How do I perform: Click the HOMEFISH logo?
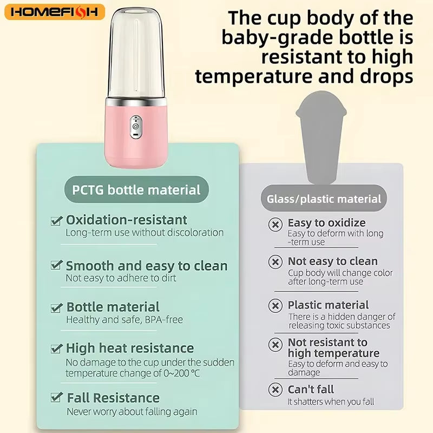[54, 12]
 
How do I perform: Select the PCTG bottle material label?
[136, 190]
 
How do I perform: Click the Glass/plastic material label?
[324, 199]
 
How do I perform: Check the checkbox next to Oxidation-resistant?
[56, 220]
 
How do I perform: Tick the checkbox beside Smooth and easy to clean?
[56, 266]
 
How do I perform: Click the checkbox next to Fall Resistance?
[56, 398]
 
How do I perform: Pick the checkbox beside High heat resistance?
[56, 348]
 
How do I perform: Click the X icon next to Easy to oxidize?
[275, 224]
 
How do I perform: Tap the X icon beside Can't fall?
[275, 389]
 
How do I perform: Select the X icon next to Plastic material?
[275, 306]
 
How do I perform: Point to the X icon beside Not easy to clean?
[275, 262]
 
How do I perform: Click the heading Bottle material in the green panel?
[113, 307]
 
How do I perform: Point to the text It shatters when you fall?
[331, 402]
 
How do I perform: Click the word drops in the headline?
[385, 76]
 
